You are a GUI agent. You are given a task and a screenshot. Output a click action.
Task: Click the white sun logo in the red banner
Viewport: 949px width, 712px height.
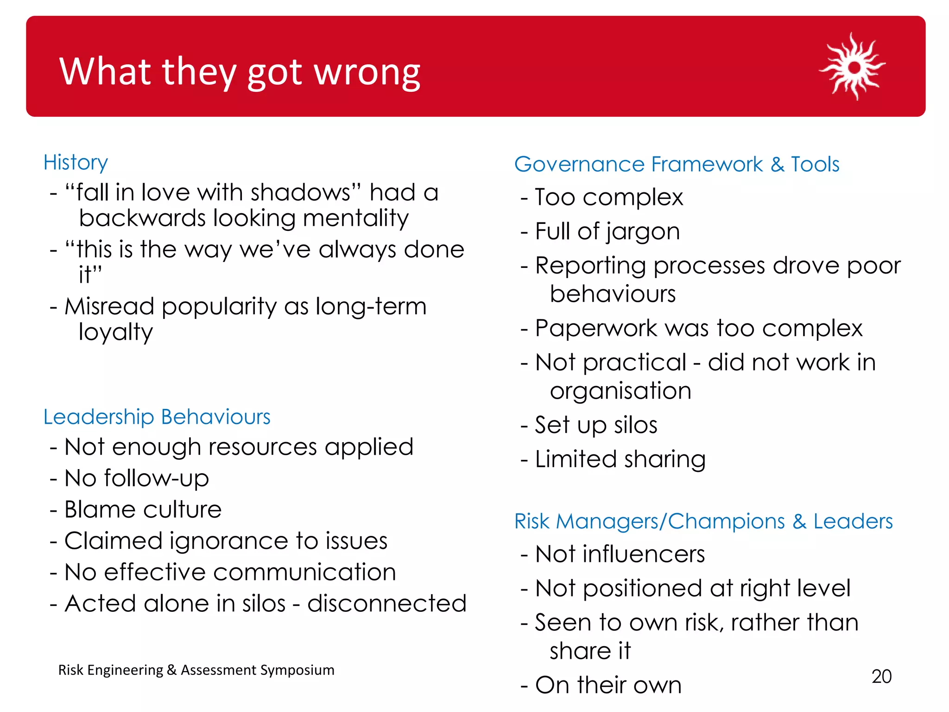853,67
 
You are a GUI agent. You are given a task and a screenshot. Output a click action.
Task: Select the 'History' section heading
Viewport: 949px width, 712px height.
76,163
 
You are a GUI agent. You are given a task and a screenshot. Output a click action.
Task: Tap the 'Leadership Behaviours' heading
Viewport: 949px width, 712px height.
157,417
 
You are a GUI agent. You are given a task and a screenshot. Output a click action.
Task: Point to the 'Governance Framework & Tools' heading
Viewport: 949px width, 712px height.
677,164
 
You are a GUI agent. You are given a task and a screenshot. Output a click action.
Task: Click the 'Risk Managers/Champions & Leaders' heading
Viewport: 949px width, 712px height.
703,521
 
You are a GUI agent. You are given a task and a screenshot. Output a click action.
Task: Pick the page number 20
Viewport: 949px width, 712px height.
881,676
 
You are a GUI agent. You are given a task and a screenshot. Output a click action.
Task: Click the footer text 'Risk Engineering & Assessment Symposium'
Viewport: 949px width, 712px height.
196,670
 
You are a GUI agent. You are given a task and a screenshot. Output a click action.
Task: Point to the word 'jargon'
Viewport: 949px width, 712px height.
642,232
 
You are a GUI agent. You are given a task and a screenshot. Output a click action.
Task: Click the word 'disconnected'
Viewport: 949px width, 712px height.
386,604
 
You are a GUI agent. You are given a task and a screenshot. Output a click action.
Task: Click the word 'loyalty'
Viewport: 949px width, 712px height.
115,332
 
